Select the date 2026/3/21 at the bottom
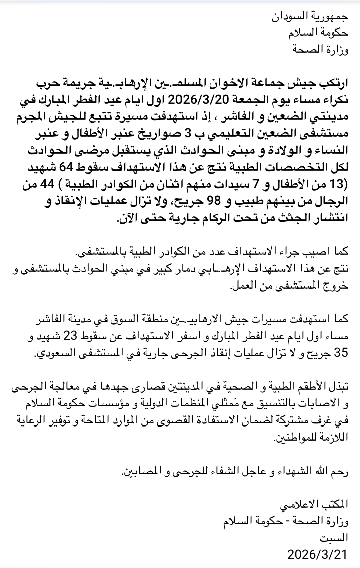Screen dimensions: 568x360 pyautogui.click(x=317, y=554)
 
